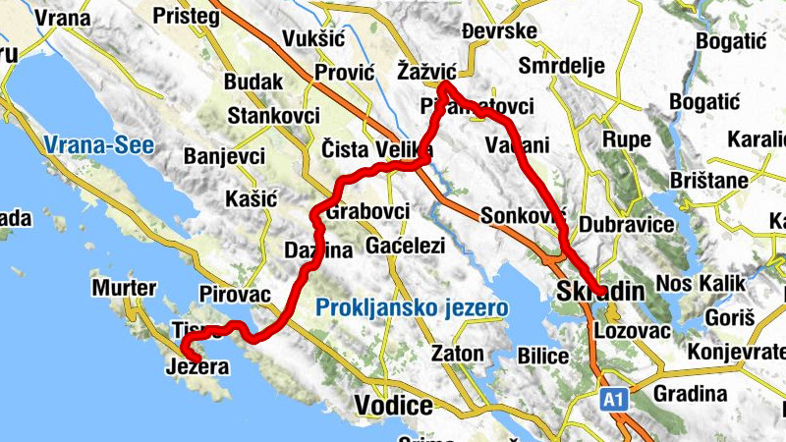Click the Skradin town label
click(599, 292)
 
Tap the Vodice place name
click(393, 406)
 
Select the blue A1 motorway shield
click(614, 399)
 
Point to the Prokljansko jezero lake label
click(413, 308)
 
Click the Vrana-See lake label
click(98, 146)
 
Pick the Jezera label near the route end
click(198, 368)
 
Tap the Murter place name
click(123, 288)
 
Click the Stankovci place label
click(273, 115)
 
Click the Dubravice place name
click(627, 224)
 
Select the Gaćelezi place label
click(405, 245)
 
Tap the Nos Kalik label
click(702, 285)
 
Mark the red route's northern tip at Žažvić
click(443, 85)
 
